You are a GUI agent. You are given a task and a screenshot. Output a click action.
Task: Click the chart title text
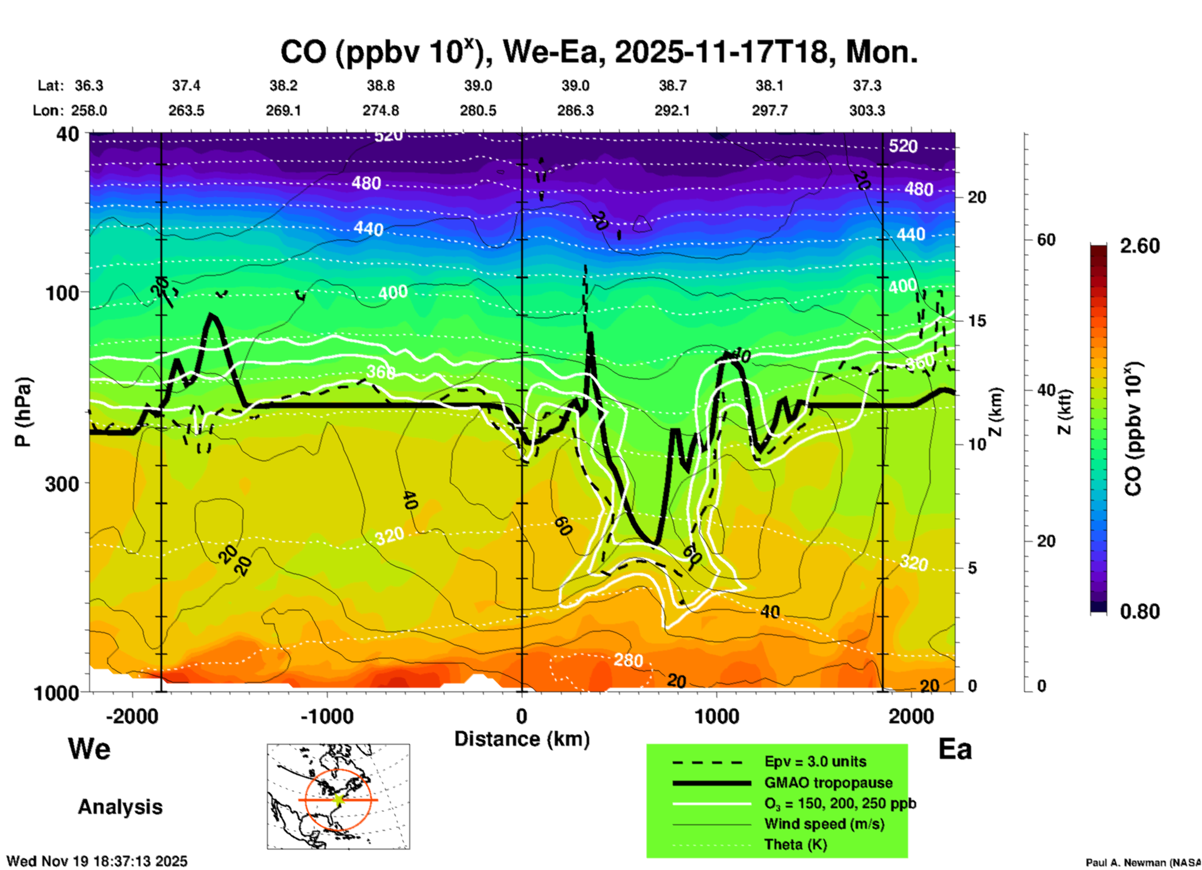point(599,52)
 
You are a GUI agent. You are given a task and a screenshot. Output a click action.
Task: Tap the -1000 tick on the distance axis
point(326,716)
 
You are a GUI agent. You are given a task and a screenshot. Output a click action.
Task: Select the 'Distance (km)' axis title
point(522,739)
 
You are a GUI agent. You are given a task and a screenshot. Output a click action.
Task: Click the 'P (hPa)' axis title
point(22,412)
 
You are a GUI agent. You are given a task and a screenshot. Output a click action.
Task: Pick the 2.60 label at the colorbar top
point(1140,246)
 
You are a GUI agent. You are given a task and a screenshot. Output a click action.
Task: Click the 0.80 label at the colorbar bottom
point(1140,612)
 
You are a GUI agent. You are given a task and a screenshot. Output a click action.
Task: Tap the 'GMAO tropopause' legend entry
point(828,783)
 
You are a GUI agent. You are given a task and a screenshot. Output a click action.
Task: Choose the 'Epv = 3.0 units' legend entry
point(815,762)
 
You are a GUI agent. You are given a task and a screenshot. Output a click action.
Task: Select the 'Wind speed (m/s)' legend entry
point(824,824)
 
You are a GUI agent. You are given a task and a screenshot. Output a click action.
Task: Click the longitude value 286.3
point(575,111)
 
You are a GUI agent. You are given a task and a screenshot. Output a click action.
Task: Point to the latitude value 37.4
point(186,86)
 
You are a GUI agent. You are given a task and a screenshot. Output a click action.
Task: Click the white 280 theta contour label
point(628,660)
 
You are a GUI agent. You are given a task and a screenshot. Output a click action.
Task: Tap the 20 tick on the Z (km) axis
point(977,197)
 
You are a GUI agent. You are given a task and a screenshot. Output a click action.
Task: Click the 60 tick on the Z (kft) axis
point(1046,240)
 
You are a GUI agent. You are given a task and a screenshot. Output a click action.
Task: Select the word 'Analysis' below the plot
point(120,807)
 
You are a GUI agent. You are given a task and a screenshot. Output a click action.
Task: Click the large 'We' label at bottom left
point(89,749)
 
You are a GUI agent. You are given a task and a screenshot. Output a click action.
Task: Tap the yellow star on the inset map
point(338,799)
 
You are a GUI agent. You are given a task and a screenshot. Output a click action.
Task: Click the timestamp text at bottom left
point(97,861)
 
